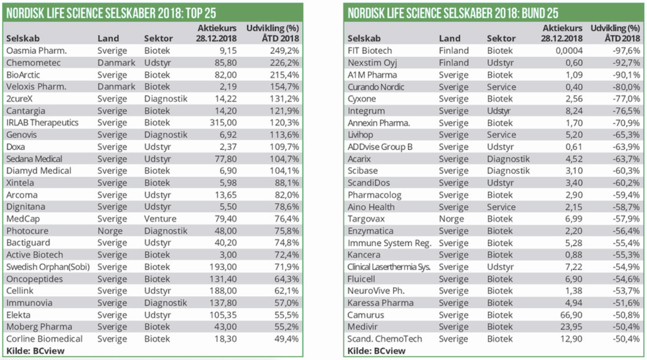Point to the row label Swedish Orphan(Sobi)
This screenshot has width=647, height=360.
coord(47,267)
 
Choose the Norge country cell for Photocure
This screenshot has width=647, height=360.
coord(109,231)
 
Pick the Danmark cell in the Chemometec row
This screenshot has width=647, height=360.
coord(116,63)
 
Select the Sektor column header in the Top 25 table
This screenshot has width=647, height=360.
coord(159,39)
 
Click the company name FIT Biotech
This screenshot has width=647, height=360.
coord(370,51)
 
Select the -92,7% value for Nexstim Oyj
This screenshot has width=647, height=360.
coord(624,63)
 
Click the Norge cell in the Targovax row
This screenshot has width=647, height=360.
coord(451,219)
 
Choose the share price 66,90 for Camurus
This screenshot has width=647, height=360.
coord(570,315)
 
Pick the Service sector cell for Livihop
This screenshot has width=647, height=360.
coord(501,135)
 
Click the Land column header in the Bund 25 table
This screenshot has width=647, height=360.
coord(450,39)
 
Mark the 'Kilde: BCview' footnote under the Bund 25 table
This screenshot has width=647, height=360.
coord(375,351)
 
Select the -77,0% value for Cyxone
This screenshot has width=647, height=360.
coord(624,99)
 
